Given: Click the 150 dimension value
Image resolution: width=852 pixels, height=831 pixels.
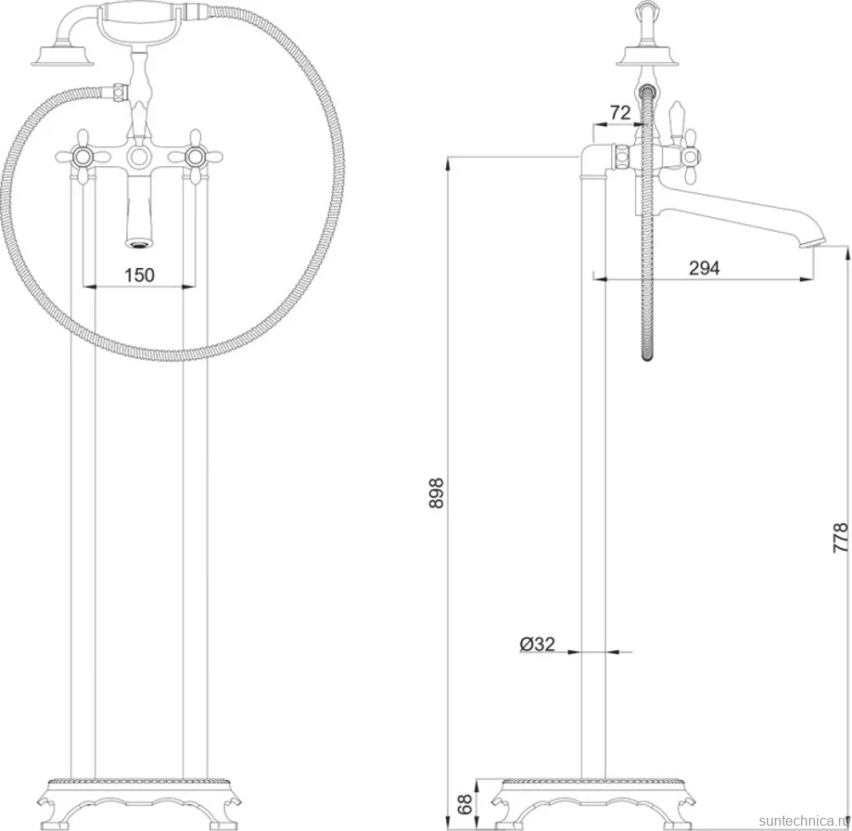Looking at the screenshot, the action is coord(139,275).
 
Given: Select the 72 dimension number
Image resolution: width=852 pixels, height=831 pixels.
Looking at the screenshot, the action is coord(620,112).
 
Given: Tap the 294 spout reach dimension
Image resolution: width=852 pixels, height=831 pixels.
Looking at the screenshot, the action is coord(704,268).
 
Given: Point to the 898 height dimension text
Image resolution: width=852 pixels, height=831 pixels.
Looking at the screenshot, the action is coord(437,493).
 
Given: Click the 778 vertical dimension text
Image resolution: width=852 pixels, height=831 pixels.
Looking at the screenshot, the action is coord(840,538).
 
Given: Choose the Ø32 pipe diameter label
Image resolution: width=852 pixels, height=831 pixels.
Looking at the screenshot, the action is coord(538,644).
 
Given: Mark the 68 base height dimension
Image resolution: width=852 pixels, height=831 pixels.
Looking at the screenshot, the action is coord(465,805).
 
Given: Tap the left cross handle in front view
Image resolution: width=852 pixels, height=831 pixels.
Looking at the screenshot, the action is coord(83,156).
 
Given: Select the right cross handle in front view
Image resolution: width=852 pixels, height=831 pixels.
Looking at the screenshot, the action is coord(195,156).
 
